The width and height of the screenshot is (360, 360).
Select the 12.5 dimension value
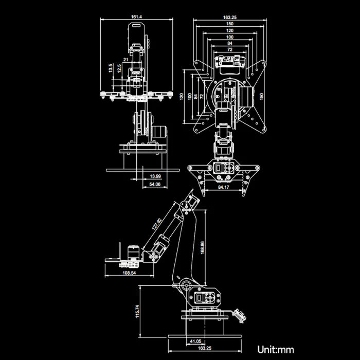[x=119, y=68]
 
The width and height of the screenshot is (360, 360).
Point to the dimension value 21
[x=126, y=60]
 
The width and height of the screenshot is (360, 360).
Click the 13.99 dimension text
[x=155, y=176]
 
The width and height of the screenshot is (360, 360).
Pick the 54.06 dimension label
[x=154, y=184]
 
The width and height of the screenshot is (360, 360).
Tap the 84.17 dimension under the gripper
[x=224, y=188]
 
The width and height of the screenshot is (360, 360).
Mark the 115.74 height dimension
[x=137, y=311]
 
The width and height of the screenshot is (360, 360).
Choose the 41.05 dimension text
[x=195, y=341]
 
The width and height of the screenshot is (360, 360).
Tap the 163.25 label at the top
[x=229, y=17]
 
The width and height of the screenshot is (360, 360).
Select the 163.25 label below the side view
[x=205, y=348]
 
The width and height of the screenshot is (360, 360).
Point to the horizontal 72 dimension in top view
[x=229, y=50]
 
